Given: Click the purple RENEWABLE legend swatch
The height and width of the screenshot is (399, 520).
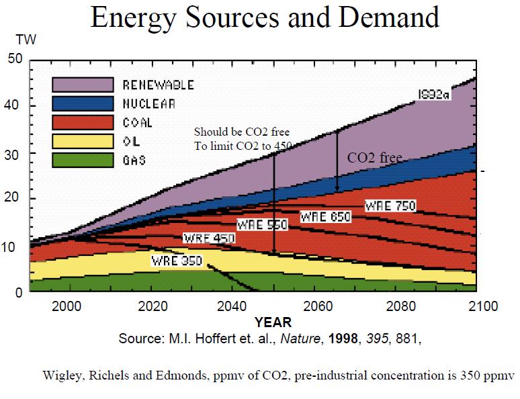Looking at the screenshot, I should (83, 85).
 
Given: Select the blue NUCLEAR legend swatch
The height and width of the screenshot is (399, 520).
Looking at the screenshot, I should (83, 103).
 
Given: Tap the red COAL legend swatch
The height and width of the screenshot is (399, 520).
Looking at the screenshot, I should (83, 122).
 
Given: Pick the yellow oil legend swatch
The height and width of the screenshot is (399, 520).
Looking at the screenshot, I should (83, 141).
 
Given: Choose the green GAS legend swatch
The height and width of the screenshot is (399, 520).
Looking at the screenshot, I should (83, 160).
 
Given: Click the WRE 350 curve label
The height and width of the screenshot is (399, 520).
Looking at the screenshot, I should (175, 261).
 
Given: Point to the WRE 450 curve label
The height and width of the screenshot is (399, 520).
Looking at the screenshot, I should (206, 238).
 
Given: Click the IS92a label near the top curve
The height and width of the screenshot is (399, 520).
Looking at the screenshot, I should (433, 93).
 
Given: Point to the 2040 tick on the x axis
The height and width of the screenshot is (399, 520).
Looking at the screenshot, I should (232, 306).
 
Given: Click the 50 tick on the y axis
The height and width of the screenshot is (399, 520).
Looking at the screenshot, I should (15, 59).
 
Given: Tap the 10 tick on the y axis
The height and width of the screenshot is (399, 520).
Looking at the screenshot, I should (15, 247).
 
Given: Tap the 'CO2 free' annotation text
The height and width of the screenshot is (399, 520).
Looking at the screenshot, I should (374, 158).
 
